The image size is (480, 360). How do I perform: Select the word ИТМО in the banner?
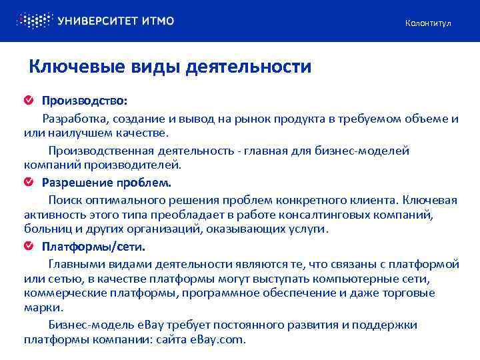[158, 21]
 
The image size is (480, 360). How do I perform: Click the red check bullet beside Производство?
[29, 101]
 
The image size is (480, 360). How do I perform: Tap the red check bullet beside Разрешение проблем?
[29, 181]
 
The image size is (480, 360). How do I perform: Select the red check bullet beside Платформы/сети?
[29, 247]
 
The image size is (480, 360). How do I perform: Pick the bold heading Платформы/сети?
[93, 247]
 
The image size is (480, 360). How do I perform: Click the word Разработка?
[73, 119]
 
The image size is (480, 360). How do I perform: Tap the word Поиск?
[64, 199]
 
